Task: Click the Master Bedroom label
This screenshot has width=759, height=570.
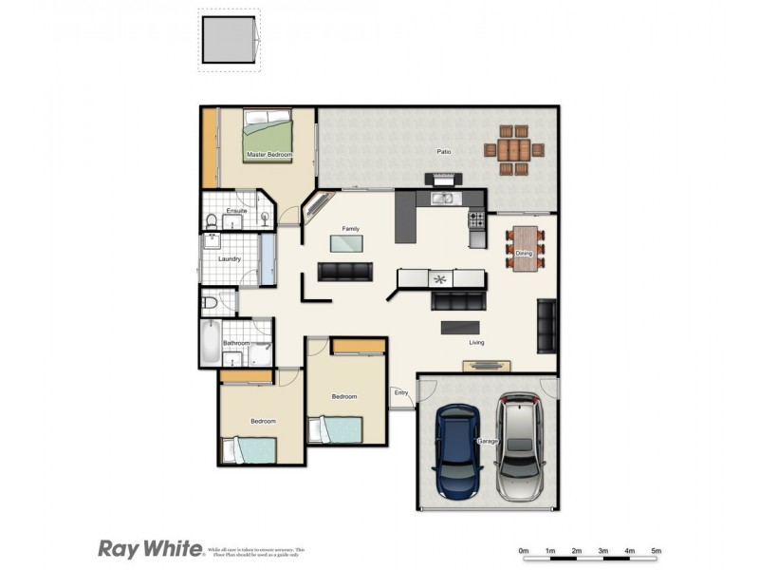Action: pyautogui.click(x=268, y=154)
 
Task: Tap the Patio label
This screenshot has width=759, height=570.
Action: pyautogui.click(x=443, y=151)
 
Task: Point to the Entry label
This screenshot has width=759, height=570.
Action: pyautogui.click(x=400, y=392)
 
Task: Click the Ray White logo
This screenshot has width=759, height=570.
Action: pyautogui.click(x=150, y=548)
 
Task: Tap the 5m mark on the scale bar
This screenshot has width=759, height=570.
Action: pyautogui.click(x=656, y=551)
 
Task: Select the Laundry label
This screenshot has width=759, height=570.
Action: pyautogui.click(x=229, y=258)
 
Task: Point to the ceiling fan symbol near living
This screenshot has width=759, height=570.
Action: pyautogui.click(x=439, y=279)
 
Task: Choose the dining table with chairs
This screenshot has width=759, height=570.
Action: pyautogui.click(x=525, y=249)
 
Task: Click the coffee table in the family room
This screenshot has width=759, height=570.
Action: pyautogui.click(x=345, y=243)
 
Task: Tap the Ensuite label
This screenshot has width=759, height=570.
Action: pyautogui.click(x=236, y=211)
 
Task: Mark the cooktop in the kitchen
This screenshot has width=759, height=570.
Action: pyautogui.click(x=476, y=220)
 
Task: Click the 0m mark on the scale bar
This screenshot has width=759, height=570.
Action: pyautogui.click(x=523, y=551)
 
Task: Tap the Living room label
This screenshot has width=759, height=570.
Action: pyautogui.click(x=477, y=343)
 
